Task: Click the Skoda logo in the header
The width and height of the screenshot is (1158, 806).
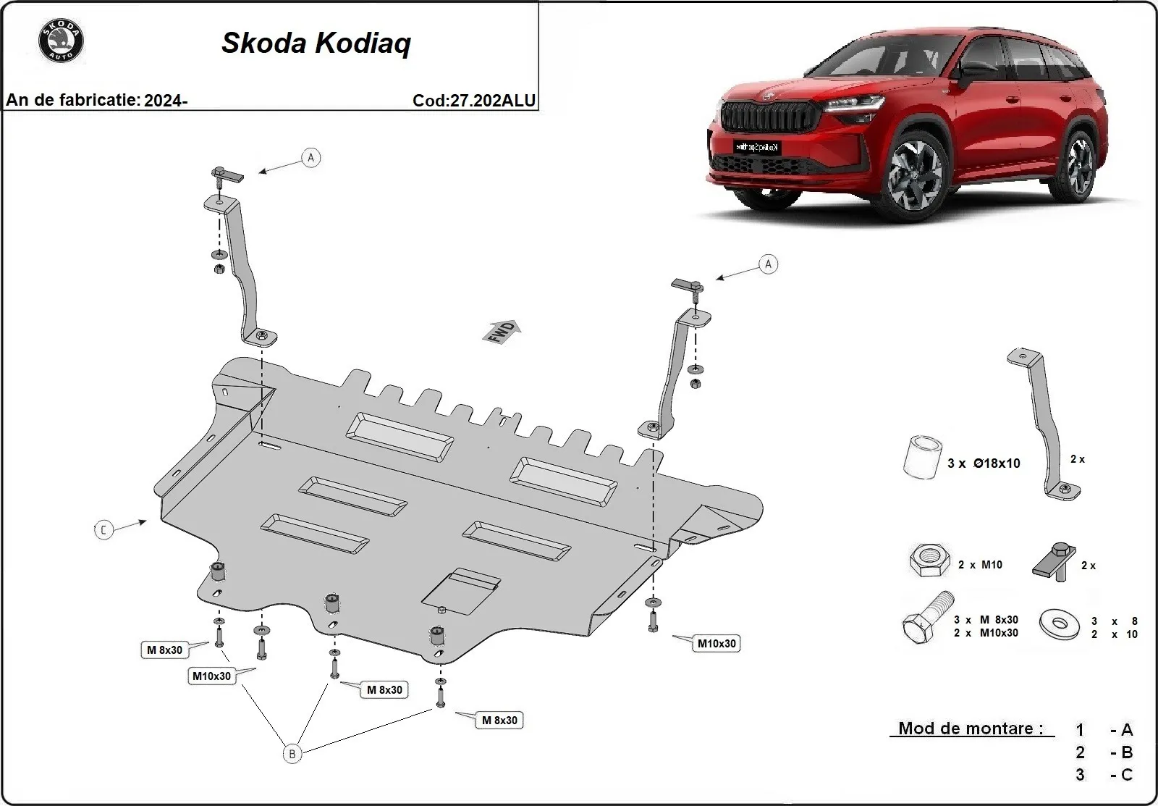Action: pos(61,41)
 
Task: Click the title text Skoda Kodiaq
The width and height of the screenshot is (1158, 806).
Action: pos(316,43)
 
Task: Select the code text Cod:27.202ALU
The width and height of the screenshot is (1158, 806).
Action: pos(474,101)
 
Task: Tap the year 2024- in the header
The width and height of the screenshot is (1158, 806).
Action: pos(166,101)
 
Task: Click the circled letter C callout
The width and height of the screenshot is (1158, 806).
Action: pos(103,530)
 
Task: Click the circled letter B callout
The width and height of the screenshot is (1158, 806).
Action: pos(292,754)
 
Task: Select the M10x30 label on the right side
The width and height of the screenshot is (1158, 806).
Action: pos(716,643)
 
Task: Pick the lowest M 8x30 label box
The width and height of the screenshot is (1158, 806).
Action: pos(499,720)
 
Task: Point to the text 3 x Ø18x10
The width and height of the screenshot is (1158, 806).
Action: pos(984,463)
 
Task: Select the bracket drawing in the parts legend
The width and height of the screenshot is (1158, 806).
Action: pos(1041,424)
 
